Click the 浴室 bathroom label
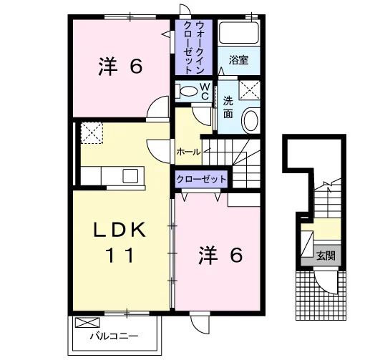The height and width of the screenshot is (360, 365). point(238,60)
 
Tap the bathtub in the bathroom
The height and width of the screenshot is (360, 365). point(239,33)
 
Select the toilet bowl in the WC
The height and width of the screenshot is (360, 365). point(187,91)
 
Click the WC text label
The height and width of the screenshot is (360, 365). point(205,92)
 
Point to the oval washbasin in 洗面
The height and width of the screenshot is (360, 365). point(250,120)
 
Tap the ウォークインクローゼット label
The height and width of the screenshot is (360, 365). point(194,47)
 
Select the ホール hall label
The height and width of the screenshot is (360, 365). point(188,152)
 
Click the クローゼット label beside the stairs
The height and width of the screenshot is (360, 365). point(201,179)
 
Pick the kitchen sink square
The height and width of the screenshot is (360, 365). point(130,176)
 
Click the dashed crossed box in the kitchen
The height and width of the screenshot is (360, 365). point(92,133)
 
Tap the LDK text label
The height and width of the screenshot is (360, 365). point(120,230)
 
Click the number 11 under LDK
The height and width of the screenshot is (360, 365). point(120,255)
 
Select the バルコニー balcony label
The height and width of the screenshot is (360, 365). point(114,336)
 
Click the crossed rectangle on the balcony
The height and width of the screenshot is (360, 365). point(87,323)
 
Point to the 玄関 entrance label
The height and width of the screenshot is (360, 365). point(326,256)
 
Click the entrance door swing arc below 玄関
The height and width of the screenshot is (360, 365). point(323,285)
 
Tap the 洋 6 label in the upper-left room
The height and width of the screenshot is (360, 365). point(120,67)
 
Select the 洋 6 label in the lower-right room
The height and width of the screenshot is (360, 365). point(220,256)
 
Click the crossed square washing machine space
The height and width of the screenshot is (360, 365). point(250,90)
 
